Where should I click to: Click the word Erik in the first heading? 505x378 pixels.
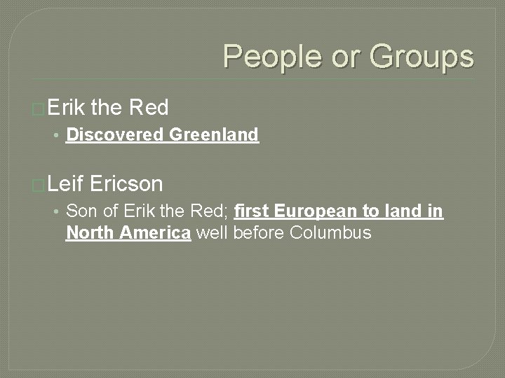(x=67, y=107)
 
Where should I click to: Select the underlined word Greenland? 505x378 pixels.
(x=214, y=135)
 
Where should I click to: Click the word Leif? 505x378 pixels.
(x=67, y=184)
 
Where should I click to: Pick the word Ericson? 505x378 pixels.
(x=126, y=184)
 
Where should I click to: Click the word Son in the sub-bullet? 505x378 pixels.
(x=81, y=211)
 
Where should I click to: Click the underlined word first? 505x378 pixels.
(x=250, y=211)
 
